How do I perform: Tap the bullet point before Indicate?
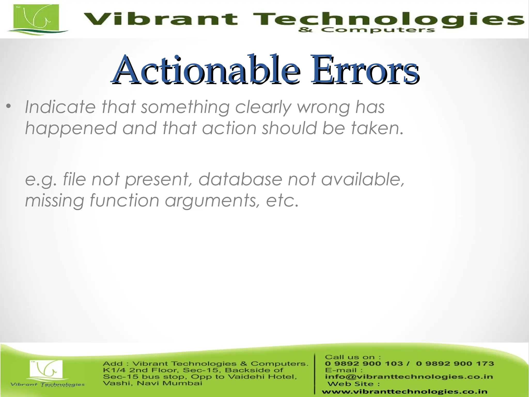[9, 106]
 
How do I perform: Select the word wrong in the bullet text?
[323, 107]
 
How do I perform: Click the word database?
[240, 179]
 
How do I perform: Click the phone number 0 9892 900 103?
[364, 363]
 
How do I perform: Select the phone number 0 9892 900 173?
[455, 363]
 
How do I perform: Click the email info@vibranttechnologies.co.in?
[409, 377]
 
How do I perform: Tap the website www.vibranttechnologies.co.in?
[404, 392]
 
